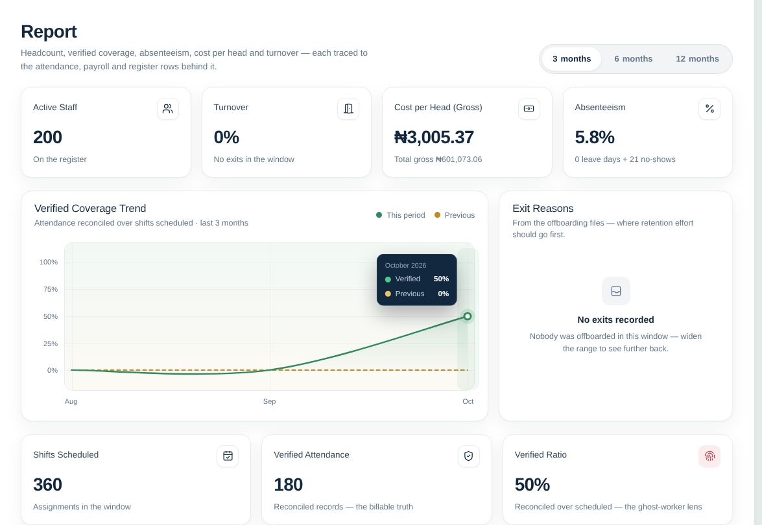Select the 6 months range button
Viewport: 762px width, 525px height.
tap(633, 59)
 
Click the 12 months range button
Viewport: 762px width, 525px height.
tap(697, 59)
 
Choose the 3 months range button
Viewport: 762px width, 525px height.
tap(571, 59)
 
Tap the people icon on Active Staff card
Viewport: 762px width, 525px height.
tap(168, 109)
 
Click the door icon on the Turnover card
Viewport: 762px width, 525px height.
tap(348, 109)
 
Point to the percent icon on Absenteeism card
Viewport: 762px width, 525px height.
tap(709, 109)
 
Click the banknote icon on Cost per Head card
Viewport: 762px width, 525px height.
tap(529, 109)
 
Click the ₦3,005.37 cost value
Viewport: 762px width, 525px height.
tap(434, 137)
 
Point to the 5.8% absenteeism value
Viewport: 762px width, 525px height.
tap(594, 137)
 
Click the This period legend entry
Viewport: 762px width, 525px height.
tap(400, 215)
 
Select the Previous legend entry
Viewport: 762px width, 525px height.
tap(455, 215)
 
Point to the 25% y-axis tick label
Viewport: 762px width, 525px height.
tap(51, 344)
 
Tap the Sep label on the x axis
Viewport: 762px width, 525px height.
tap(269, 402)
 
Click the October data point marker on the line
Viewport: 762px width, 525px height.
tap(468, 317)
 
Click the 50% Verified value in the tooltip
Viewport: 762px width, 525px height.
tap(441, 279)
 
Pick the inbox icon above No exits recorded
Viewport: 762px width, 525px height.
tap(615, 291)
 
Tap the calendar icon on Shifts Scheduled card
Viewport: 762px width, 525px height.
tap(228, 456)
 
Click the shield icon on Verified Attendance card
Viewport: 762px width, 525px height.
tap(468, 456)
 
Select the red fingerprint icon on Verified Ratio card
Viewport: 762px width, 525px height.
tap(709, 456)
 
